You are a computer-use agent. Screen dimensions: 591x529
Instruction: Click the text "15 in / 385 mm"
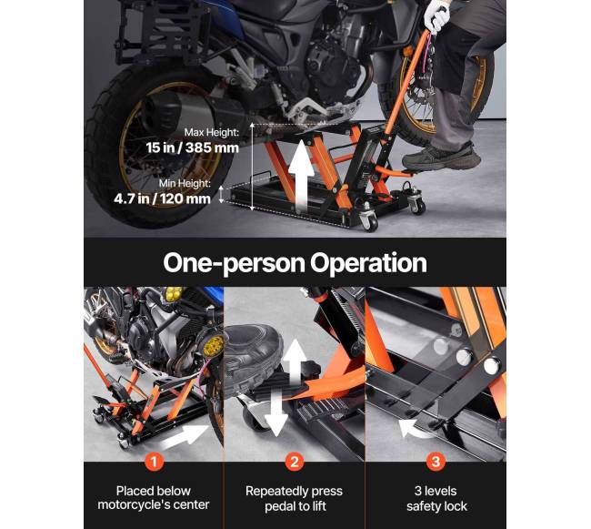(x=193, y=148)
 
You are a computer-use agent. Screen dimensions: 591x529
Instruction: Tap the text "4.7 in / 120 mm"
(x=163, y=198)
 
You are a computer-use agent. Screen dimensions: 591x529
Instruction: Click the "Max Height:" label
(x=212, y=132)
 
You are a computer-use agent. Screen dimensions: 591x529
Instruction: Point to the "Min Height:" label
(x=185, y=183)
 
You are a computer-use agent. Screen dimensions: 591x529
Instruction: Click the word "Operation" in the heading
(x=368, y=263)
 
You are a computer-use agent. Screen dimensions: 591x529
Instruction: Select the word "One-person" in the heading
(x=234, y=263)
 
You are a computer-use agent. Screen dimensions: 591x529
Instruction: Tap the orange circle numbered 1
(x=154, y=461)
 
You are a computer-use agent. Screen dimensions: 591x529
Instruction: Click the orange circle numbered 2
(x=295, y=462)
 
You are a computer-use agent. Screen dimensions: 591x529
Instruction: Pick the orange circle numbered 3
(x=436, y=462)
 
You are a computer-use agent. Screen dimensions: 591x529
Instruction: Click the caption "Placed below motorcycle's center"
(x=154, y=498)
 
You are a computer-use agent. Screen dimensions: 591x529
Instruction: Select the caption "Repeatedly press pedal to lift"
(x=295, y=498)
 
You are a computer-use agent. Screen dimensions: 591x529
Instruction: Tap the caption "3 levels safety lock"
(x=436, y=498)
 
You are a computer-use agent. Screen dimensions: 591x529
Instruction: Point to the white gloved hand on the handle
(x=436, y=15)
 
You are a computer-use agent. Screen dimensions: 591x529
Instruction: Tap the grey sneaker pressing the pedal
(x=441, y=156)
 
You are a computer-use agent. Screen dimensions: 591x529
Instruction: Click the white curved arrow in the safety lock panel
(x=415, y=428)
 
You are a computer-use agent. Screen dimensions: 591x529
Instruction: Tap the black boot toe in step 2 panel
(x=254, y=360)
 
